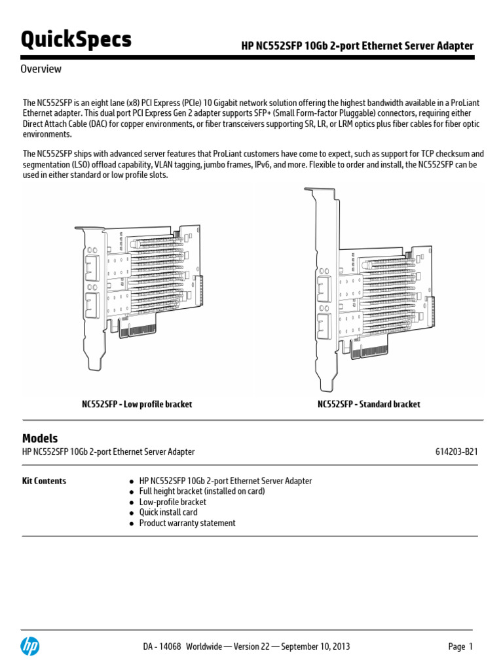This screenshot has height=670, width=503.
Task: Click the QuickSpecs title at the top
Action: [76, 40]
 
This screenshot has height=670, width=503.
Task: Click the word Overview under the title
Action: [41, 69]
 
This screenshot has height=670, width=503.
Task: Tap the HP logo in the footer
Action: [30, 646]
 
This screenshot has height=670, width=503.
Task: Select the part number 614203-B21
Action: [456, 451]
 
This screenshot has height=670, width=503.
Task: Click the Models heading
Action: [40, 438]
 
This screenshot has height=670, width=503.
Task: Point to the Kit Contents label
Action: [44, 481]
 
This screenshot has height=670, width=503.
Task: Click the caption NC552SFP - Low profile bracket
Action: [137, 404]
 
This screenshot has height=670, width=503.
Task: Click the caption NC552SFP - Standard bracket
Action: [369, 404]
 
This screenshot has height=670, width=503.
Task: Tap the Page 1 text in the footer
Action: [460, 646]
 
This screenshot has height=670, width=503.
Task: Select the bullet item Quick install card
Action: [168, 512]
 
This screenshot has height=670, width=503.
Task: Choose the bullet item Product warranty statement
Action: [187, 523]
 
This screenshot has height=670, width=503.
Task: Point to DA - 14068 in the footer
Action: [162, 646]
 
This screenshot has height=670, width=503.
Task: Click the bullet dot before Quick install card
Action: [132, 513]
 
